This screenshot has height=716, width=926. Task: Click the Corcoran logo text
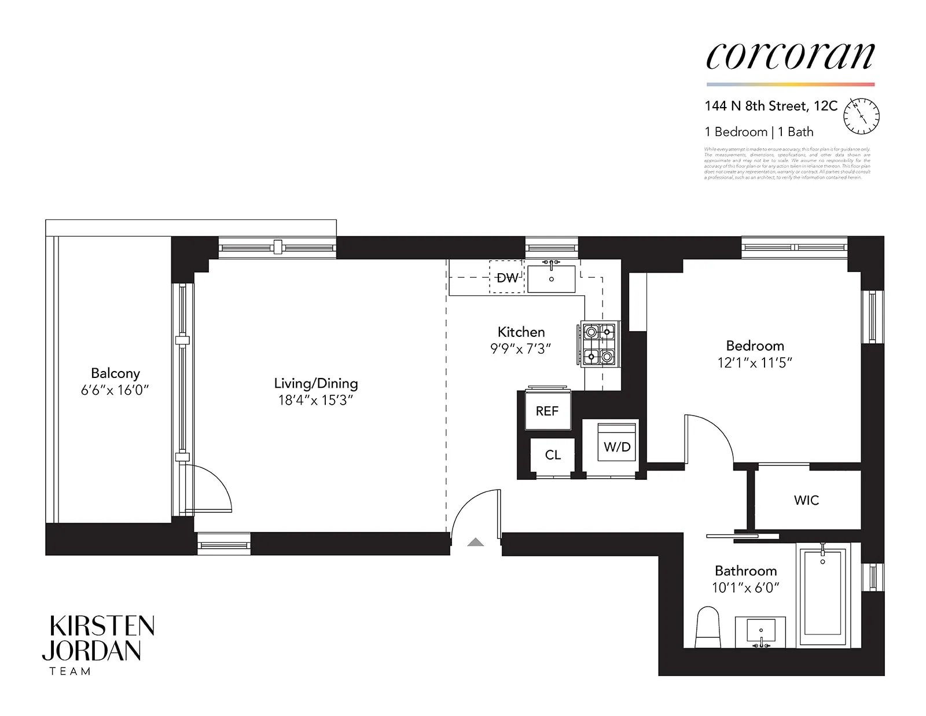tap(790, 56)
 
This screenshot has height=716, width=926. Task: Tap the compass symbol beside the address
tap(861, 115)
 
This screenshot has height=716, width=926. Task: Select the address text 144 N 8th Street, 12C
tap(771, 107)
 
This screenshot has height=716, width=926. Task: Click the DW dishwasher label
tap(507, 278)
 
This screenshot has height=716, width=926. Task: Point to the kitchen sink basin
tap(552, 279)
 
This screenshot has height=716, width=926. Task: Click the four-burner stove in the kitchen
tap(598, 344)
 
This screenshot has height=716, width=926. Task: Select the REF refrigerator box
tap(547, 410)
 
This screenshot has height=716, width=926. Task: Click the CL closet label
tap(553, 455)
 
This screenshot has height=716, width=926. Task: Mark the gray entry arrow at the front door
tap(475, 542)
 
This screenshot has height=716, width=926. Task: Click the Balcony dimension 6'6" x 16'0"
tap(115, 391)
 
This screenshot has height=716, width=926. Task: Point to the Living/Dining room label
tap(316, 383)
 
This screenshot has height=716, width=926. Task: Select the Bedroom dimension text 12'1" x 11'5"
tap(755, 363)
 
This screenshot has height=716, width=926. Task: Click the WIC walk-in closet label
tap(806, 500)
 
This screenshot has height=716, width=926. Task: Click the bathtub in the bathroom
tap(822, 596)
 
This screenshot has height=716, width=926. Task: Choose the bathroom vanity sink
tap(760, 631)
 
